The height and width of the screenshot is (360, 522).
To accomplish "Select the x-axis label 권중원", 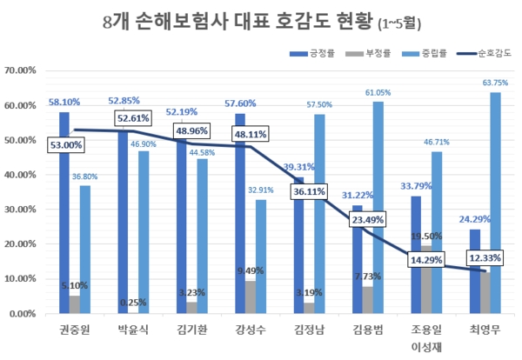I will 76,330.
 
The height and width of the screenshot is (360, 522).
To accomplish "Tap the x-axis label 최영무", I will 483,330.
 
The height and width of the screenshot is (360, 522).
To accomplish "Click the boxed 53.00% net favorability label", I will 67,145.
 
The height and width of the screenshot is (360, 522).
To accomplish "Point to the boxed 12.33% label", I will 483,258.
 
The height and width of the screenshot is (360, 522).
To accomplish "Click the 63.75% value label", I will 493,83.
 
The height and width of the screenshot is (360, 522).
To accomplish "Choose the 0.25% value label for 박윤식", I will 134,302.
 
